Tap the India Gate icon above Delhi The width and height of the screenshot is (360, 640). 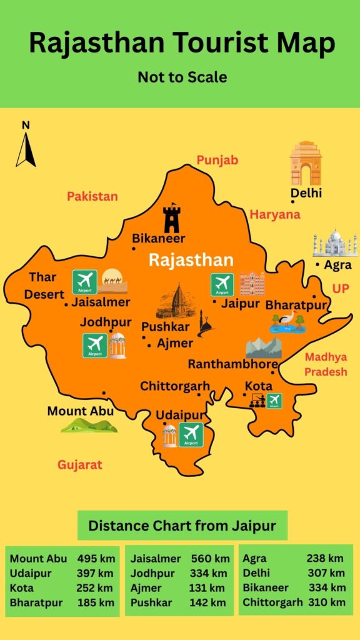(305, 163)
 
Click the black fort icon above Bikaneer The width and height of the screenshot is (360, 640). (171, 218)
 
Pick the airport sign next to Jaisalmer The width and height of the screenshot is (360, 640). (84, 282)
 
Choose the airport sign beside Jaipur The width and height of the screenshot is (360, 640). (222, 284)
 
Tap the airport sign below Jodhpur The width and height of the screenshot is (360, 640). (95, 345)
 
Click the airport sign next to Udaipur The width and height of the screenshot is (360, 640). (191, 434)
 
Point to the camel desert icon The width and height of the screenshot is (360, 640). (114, 281)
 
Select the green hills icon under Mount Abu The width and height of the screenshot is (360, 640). (88, 426)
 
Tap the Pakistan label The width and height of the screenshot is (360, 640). (92, 196)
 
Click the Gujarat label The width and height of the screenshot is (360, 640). (80, 465)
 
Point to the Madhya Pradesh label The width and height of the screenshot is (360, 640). (325, 364)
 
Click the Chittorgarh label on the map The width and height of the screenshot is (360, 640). (175, 386)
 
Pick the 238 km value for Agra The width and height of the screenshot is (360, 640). (325, 559)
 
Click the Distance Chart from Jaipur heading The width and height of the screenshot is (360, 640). (182, 526)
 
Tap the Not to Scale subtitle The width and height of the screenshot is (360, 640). (182, 77)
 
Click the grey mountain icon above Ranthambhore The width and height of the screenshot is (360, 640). (263, 347)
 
